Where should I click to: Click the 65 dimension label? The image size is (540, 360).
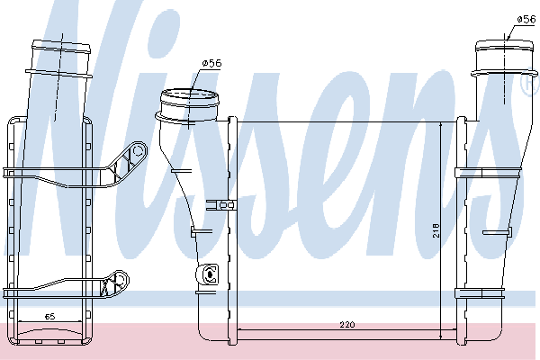coord(49,316)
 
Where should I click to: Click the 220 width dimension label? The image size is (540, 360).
coord(347,325)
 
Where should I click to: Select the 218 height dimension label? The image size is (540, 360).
coord(436,230)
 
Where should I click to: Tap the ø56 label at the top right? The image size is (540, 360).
coord(526,19)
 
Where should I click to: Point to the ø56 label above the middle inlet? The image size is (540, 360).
coord(212,63)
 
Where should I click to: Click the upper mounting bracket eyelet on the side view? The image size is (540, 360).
coord(138,150)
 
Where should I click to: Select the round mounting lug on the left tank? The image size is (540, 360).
coord(207,274)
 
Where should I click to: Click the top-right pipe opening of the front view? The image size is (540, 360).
coord(504,46)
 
